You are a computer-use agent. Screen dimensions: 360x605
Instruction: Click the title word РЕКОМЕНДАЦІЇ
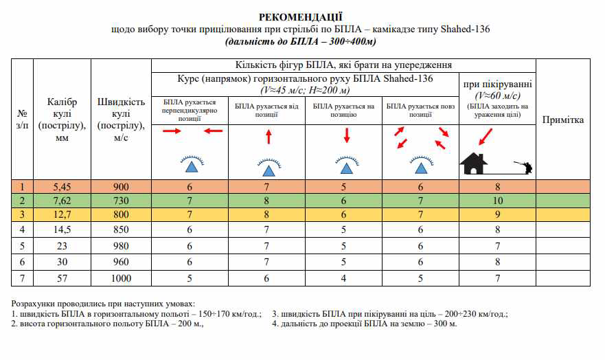click(x=301, y=16)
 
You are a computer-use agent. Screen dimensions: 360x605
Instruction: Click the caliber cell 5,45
click(x=62, y=186)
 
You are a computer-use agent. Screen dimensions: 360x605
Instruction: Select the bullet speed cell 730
click(x=121, y=201)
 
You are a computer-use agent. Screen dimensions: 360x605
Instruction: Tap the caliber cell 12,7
click(x=62, y=215)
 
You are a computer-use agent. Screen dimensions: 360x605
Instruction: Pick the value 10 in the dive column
click(x=497, y=201)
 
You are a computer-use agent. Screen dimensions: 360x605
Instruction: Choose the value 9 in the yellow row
click(x=497, y=215)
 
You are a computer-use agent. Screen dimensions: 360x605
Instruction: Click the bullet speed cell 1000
click(x=121, y=278)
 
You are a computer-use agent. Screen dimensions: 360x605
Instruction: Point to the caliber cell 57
click(x=62, y=278)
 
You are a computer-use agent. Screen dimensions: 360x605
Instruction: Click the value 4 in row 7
click(x=343, y=278)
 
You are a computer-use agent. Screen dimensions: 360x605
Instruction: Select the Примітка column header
click(x=563, y=120)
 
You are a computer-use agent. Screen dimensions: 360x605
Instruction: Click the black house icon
click(x=474, y=163)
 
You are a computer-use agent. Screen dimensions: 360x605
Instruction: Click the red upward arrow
click(x=268, y=137)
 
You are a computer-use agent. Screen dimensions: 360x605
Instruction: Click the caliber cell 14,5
click(x=62, y=229)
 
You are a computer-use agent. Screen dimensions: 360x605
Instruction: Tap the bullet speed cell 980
click(x=121, y=245)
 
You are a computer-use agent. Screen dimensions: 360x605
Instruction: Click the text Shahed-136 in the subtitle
click(x=466, y=30)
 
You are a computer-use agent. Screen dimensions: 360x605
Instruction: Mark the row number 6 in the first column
click(x=23, y=262)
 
